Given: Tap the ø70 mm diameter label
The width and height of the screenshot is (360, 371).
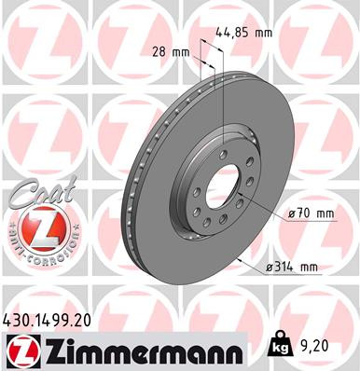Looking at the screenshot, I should tap(312, 213).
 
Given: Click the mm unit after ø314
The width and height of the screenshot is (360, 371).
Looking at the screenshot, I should tap(308, 268).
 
